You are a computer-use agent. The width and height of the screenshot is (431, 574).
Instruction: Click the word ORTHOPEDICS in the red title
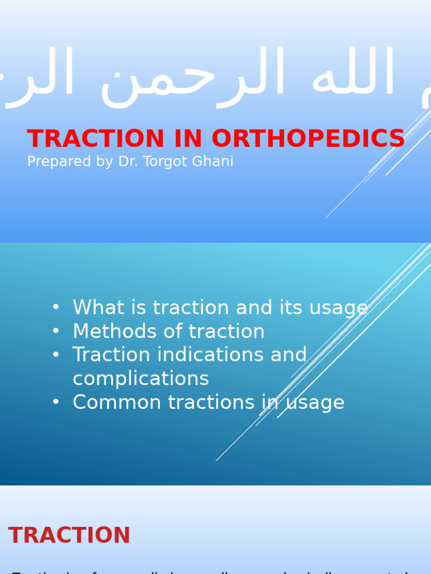pos(308,139)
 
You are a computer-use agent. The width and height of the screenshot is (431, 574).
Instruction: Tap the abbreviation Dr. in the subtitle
pos(129,162)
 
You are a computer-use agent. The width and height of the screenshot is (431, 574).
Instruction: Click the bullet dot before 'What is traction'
pos(55,307)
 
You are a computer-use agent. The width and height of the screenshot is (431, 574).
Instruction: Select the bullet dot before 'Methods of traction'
pos(55,331)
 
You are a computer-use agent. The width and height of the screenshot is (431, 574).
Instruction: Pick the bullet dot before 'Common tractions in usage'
pos(55,402)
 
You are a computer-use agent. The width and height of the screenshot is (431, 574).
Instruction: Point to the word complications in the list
pos(141,379)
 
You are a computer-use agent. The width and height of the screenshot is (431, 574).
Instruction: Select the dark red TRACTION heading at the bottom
pos(69,536)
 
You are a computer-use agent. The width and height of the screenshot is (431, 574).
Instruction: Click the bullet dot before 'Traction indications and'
pos(55,354)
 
